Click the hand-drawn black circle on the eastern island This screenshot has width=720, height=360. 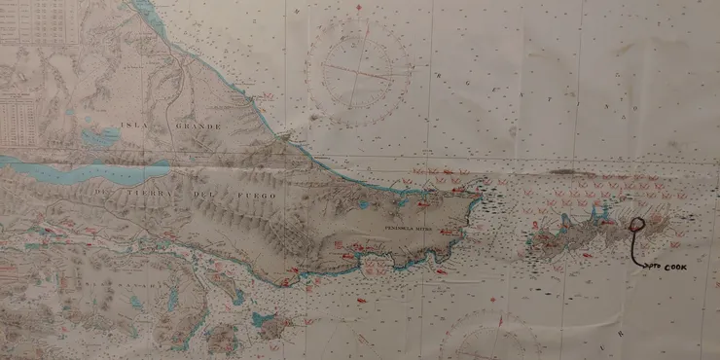[637, 226]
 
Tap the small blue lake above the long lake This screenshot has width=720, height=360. [100, 137]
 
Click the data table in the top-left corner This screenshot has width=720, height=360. [39, 21]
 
